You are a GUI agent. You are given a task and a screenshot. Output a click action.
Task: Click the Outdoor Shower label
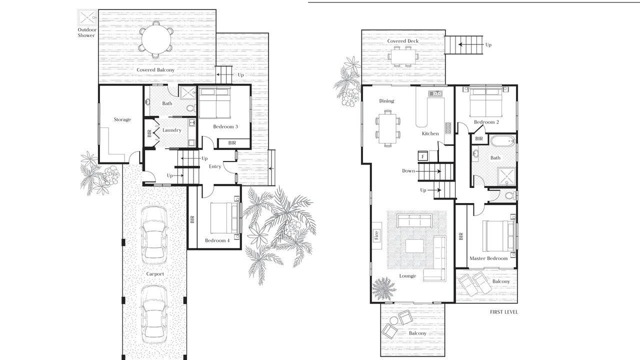pyautogui.click(x=87, y=32)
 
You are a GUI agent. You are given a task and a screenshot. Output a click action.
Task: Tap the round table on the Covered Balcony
pyautogui.click(x=155, y=39)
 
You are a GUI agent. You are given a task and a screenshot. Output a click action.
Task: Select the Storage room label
pyautogui.click(x=122, y=119)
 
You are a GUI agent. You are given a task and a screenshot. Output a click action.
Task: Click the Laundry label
pyautogui.click(x=171, y=130)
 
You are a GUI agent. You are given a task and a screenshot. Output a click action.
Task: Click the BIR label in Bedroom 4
pyautogui.click(x=192, y=219)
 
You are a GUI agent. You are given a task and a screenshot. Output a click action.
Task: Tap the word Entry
pyautogui.click(x=215, y=166)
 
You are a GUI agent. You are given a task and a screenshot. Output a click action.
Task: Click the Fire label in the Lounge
pyautogui.click(x=376, y=235)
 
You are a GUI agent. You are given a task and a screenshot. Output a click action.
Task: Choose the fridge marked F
pyautogui.click(x=423, y=156)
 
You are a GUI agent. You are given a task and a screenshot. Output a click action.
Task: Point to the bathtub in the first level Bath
pyautogui.click(x=503, y=140)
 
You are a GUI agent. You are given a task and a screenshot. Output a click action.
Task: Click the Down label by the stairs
pyautogui.click(x=408, y=171)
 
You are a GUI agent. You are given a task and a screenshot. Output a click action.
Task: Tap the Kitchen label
pyautogui.click(x=430, y=133)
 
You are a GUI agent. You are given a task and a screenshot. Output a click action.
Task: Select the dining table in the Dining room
pyautogui.click(x=387, y=128)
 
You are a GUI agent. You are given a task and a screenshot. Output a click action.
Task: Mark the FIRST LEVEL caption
pyautogui.click(x=503, y=312)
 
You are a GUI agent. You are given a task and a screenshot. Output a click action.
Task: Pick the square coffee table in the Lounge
pyautogui.click(x=414, y=245)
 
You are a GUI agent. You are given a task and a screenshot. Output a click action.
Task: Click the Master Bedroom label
pyautogui.click(x=488, y=258)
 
